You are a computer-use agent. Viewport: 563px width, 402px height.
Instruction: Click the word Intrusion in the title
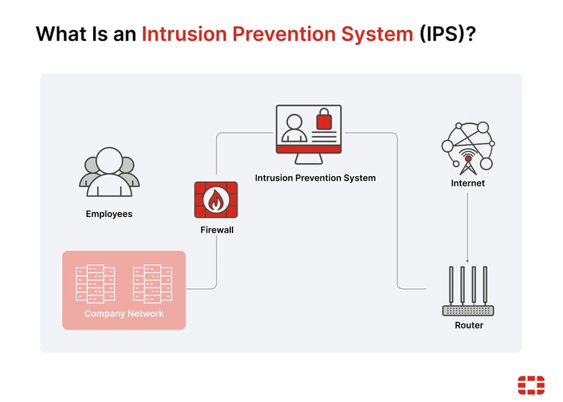[188, 34]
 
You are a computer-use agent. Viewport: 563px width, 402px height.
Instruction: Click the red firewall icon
[216, 200]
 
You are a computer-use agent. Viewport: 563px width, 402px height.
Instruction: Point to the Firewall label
[216, 230]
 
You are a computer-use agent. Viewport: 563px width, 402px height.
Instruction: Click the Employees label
[109, 214]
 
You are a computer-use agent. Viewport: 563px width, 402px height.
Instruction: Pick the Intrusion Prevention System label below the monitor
[315, 178]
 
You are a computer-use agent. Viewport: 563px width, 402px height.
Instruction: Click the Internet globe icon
[468, 145]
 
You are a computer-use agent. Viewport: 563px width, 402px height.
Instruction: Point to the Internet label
[468, 183]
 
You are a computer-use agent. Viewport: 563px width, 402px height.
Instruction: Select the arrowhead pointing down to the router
[468, 260]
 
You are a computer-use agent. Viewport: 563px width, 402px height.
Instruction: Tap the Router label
[468, 325]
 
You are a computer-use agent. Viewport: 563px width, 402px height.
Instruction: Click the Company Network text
[124, 314]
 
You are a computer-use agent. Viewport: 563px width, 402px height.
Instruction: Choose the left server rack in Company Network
[95, 283]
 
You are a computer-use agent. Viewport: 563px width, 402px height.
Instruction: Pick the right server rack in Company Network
[152, 283]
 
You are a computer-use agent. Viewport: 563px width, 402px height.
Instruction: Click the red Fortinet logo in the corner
[531, 385]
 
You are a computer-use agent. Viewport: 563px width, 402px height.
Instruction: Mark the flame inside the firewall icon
[216, 200]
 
